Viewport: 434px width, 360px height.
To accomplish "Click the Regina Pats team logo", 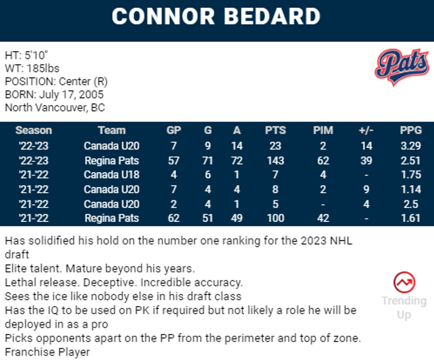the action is click(402, 67).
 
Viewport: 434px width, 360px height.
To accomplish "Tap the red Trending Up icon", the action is click(404, 282).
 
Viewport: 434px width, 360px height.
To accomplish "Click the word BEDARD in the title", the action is click(272, 16).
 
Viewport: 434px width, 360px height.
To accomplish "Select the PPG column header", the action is click(411, 130).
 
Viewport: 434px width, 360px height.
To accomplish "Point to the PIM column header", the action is click(323, 130).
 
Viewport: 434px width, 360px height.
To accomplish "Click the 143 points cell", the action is click(275, 160).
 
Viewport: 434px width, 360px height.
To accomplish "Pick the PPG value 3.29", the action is click(411, 145).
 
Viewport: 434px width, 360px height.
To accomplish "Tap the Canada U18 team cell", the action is click(112, 175).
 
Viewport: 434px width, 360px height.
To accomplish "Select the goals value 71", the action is click(208, 160).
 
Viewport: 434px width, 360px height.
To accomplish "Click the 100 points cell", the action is click(275, 218).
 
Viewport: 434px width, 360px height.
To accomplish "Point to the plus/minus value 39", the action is click(366, 160).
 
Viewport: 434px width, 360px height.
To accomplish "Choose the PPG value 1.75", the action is click(411, 175).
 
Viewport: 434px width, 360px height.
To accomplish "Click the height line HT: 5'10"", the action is click(26, 55).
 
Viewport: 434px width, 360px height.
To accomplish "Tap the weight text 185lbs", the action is click(43, 68).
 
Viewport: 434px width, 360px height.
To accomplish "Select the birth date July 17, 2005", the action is click(71, 95).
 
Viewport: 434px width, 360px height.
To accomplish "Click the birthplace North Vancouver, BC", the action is click(55, 108).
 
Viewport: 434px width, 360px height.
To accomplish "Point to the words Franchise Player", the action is click(47, 352).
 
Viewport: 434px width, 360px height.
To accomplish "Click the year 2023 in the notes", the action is click(310, 241).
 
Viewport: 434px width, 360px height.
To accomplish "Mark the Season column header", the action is click(34, 130).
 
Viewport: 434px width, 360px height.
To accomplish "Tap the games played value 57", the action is click(174, 160).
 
